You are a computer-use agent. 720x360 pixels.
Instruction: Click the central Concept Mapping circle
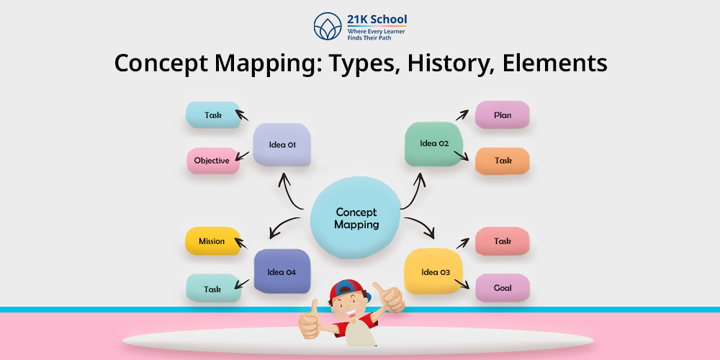click(x=356, y=217)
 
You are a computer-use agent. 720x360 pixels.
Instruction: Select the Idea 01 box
click(x=282, y=145)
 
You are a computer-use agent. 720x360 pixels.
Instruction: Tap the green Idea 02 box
click(x=434, y=144)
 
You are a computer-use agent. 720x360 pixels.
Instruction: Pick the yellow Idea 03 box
click(x=433, y=271)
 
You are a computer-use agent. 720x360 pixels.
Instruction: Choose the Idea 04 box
click(x=282, y=271)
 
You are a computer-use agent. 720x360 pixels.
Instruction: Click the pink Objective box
click(x=213, y=161)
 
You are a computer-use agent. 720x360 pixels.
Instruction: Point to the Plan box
click(x=502, y=114)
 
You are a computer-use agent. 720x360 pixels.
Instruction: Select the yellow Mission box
click(x=212, y=241)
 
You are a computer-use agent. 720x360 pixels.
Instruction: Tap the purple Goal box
click(x=503, y=288)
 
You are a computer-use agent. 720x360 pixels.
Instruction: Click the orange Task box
click(x=503, y=161)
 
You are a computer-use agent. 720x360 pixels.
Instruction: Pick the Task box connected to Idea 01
click(x=213, y=114)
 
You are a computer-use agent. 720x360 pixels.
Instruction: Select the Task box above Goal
click(x=503, y=241)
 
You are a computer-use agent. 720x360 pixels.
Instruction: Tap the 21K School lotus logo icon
click(x=328, y=26)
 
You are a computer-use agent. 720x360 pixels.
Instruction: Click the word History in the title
click(x=448, y=63)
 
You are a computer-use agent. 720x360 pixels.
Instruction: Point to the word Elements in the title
click(x=554, y=63)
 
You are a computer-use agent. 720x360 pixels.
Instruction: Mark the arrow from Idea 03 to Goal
click(x=462, y=284)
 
